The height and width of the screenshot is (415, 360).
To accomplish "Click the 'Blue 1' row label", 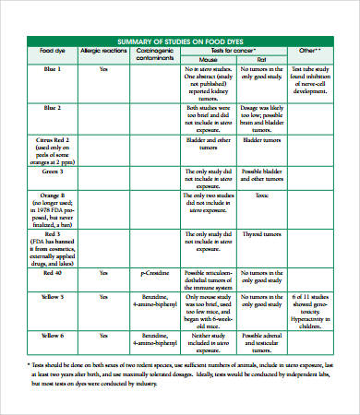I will click(53, 68).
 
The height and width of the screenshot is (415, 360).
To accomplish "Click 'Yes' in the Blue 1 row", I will click(103, 68).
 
